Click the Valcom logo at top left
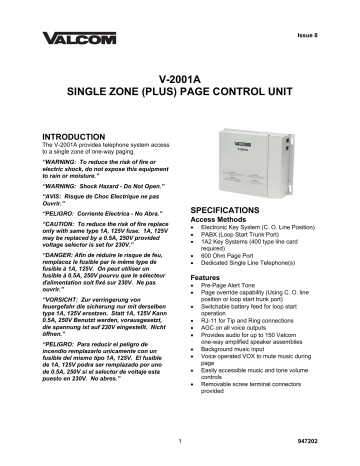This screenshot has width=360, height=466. click(74, 41)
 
